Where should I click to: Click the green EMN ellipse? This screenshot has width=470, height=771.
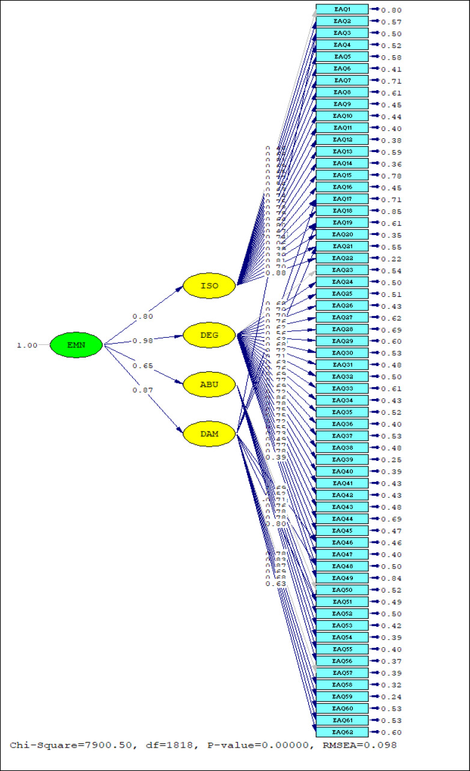tap(76, 346)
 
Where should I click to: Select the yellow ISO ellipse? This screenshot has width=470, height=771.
tap(209, 285)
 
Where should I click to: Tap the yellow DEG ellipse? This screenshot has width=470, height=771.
tap(209, 334)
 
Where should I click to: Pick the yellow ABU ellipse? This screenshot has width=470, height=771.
tap(209, 385)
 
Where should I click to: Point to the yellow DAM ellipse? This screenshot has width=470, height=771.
tap(209, 433)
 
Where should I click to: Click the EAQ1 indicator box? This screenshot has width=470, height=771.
tap(342, 10)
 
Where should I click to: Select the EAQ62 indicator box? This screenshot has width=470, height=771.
tap(342, 732)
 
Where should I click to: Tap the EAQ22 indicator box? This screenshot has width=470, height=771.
tap(342, 258)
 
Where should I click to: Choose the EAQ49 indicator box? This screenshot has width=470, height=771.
tap(342, 578)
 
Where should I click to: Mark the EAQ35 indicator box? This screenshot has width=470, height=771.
tap(342, 412)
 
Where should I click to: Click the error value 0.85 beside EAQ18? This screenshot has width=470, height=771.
tap(391, 212)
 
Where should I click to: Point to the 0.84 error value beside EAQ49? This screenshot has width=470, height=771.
tap(391, 579)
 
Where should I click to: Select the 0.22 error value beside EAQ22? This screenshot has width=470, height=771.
tap(391, 259)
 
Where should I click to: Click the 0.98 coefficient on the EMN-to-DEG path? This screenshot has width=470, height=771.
tap(143, 341)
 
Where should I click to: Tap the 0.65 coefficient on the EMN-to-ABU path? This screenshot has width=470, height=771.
tap(143, 366)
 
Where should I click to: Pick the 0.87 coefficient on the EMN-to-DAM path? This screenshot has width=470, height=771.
tap(143, 391)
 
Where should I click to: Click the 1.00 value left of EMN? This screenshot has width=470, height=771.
tap(28, 346)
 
